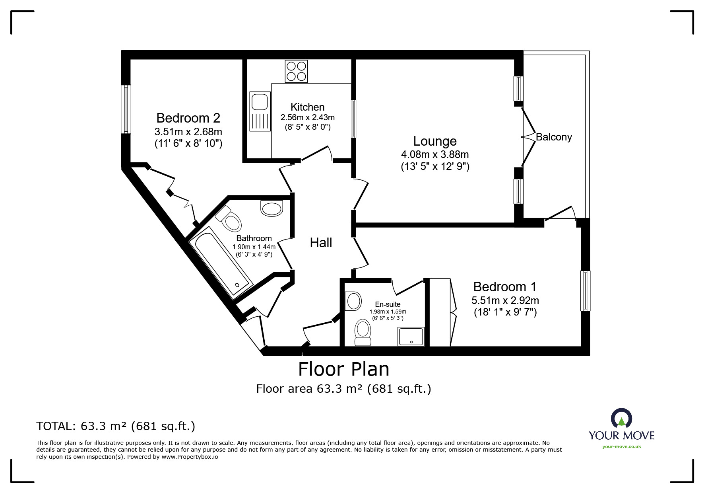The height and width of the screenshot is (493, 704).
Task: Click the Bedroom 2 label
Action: coord(188,118)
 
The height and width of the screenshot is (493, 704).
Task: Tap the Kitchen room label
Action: coord(307,107)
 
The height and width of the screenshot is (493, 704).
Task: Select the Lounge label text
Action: coord(435,141)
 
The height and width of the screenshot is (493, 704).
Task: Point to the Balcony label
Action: coord(554,137)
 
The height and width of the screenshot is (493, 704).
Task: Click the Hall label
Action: coord(321,243)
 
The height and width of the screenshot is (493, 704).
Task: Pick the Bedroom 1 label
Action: coord(505,286)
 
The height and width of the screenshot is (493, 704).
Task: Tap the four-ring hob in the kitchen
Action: coord(296,71)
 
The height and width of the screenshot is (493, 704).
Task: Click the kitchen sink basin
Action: coord(260,101)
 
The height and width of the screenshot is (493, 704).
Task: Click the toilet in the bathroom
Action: coord(229,218)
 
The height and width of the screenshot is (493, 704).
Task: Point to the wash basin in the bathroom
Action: coord(272,208)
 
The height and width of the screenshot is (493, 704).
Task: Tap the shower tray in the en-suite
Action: coord(411,336)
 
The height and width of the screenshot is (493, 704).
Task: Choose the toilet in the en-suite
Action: coord(363,333)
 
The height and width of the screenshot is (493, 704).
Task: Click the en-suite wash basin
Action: coord(353,301)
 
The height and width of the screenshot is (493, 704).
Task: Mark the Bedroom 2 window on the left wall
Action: coord(126,109)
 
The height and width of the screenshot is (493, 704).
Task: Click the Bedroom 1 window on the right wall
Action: coord(585,290)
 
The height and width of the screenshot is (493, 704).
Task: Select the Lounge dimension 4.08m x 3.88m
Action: coord(435,154)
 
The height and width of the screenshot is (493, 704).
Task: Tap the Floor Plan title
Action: coord(344,369)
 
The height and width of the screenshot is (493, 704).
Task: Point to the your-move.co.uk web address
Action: coord(622,446)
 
